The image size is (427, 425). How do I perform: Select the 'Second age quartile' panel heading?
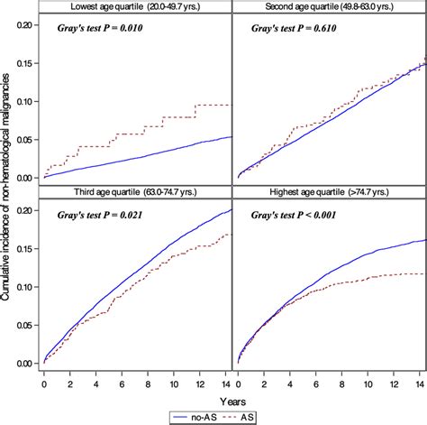[x=329, y=8]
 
